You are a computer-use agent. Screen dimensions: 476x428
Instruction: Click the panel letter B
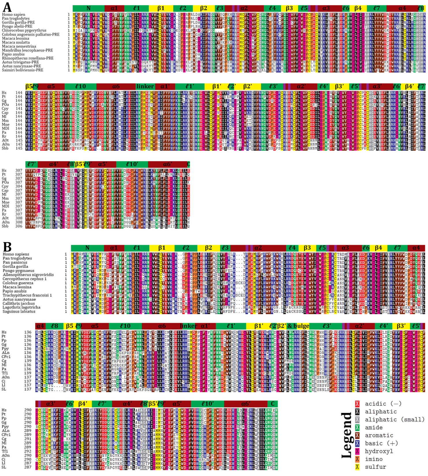[7, 247]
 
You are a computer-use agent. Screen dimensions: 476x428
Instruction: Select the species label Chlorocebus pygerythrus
[24, 30]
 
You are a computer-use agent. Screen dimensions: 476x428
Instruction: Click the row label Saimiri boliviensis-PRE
[23, 70]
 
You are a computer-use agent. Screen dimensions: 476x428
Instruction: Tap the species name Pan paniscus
[15, 263]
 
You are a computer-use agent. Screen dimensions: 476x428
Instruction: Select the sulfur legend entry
[375, 467]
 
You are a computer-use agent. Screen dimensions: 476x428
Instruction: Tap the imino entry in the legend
[374, 459]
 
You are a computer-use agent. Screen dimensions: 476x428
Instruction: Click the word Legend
[347, 435]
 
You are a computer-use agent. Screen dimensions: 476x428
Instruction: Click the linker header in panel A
[145, 86]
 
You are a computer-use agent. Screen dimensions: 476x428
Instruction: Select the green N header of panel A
[88, 8]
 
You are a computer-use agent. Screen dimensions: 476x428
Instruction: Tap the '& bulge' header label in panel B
[298, 326]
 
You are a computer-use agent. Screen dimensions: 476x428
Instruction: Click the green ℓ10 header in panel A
[80, 86]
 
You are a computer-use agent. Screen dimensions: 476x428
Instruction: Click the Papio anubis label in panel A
[13, 54]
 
